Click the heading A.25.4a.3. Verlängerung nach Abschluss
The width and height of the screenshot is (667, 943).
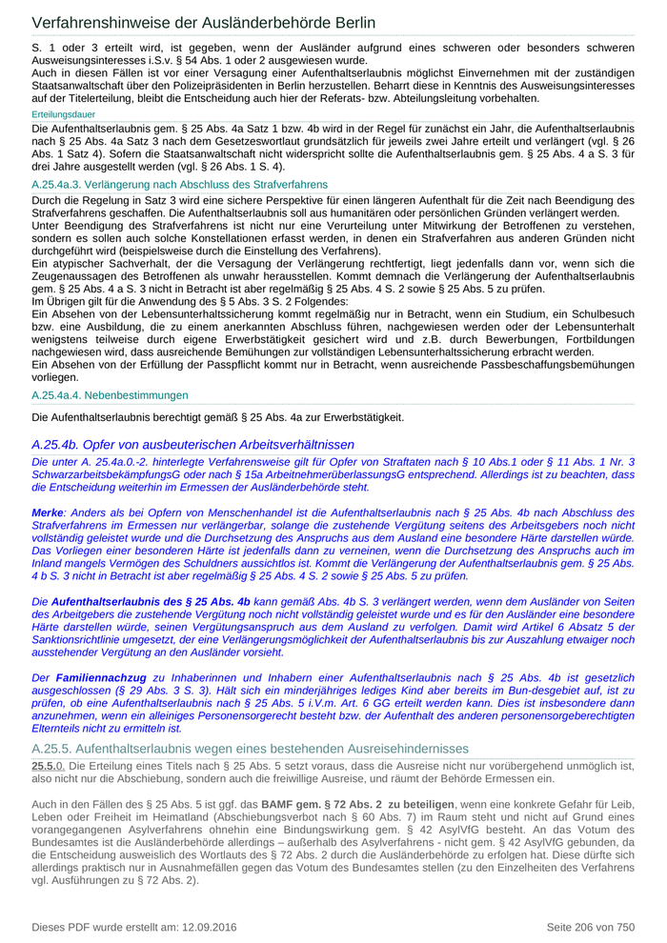179,184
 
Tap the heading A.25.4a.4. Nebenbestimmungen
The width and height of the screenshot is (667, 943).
110,394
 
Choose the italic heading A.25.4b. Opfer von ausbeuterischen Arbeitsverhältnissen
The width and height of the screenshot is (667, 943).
192,444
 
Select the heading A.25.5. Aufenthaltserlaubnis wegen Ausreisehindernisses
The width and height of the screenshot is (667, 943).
250,749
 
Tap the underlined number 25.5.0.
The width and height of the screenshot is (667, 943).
48,765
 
